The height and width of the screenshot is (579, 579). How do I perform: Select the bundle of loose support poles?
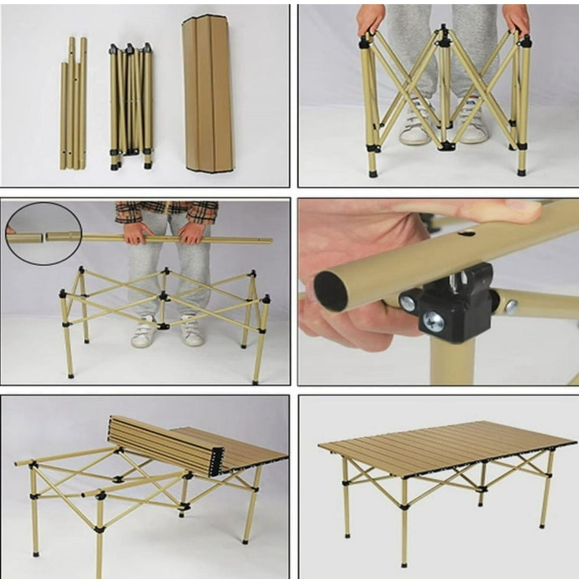tap(74, 105)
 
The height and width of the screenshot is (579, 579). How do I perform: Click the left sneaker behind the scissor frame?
tap(414, 127)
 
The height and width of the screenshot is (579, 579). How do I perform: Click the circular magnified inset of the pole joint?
tap(44, 234)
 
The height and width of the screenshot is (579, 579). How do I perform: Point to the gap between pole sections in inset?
tap(44, 238)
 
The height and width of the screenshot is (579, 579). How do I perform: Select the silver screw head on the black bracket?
tap(434, 321)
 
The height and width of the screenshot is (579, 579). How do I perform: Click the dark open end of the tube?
tap(331, 291)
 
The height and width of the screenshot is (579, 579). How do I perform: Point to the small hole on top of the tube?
tap(466, 232)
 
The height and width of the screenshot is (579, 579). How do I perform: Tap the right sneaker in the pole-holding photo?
tap(192, 334)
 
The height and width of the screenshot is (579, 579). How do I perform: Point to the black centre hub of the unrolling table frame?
tap(118, 479)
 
